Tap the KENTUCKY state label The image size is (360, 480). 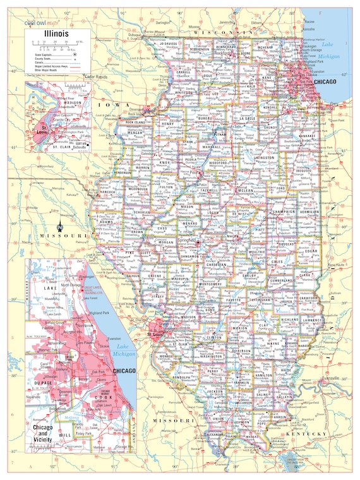306,435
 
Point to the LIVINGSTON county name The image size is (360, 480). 263,157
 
